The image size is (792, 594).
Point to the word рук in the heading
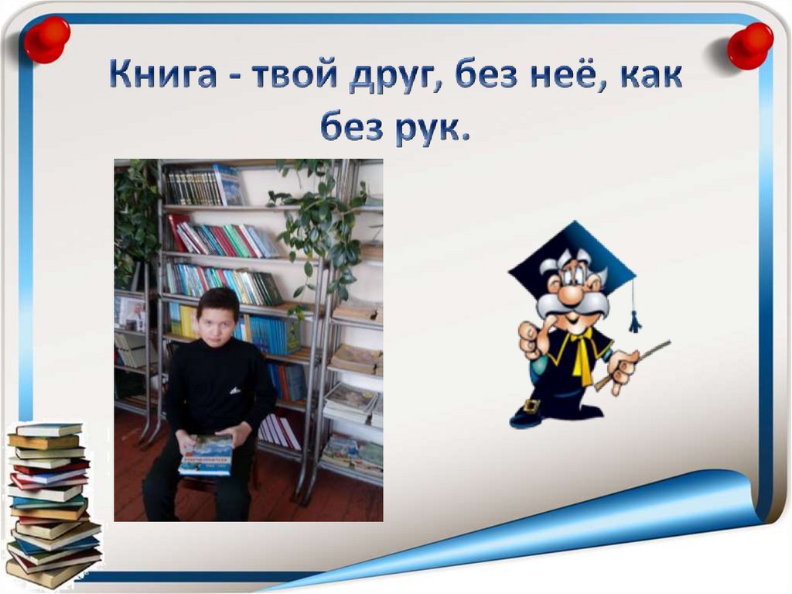point(428,129)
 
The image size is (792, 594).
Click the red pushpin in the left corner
point(46,39)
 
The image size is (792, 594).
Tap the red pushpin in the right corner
point(749,44)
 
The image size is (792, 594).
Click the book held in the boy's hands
point(206,455)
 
